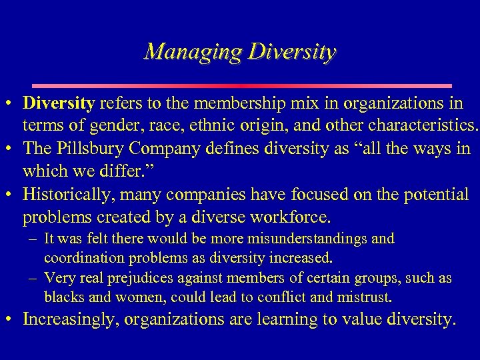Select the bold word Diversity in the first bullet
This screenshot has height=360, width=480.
(59, 103)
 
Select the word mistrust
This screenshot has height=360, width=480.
(366, 297)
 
